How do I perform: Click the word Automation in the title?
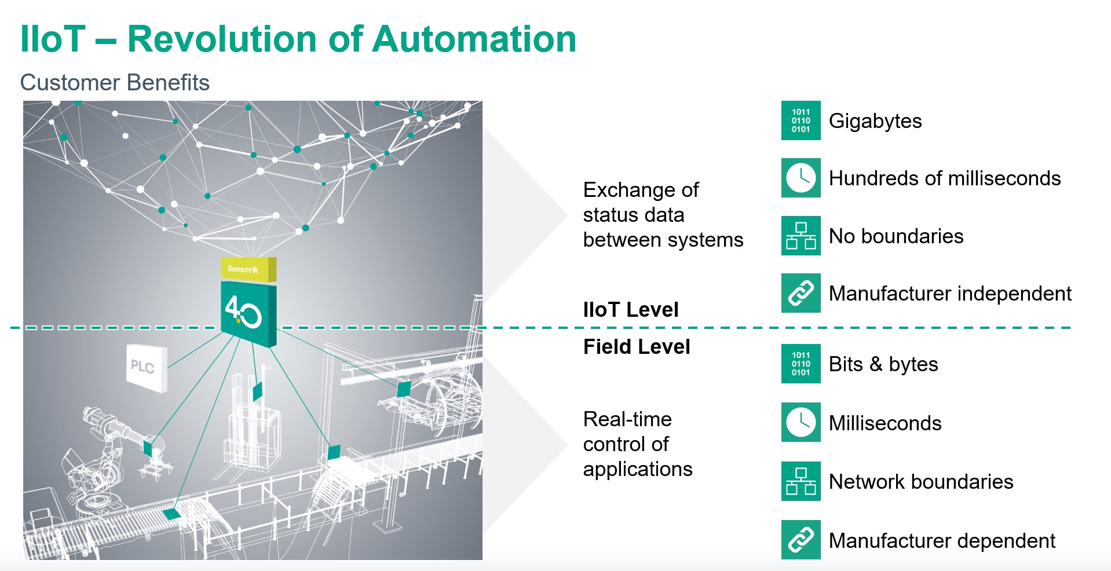pyautogui.click(x=474, y=39)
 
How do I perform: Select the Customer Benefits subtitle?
pyautogui.click(x=115, y=83)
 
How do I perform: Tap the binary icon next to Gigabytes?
pyautogui.click(x=801, y=120)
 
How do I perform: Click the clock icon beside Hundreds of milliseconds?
pyautogui.click(x=801, y=178)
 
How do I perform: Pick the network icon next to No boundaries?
pyautogui.click(x=801, y=236)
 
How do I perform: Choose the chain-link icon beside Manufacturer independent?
pyautogui.click(x=801, y=293)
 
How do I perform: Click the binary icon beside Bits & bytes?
pyautogui.click(x=801, y=364)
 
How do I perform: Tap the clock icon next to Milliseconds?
pyautogui.click(x=801, y=422)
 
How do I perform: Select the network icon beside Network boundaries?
pyautogui.click(x=801, y=481)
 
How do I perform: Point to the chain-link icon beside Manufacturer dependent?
pyautogui.click(x=801, y=540)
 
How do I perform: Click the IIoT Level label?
pyautogui.click(x=630, y=310)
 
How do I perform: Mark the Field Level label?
pyautogui.click(x=636, y=347)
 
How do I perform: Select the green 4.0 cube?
pyautogui.click(x=248, y=313)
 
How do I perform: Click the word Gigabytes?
pyautogui.click(x=875, y=121)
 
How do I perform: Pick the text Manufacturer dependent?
pyautogui.click(x=941, y=541)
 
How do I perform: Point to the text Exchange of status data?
pyautogui.click(x=662, y=215)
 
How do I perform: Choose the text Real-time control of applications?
pyautogui.click(x=637, y=444)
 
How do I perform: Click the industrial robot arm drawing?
pyautogui.click(x=104, y=457)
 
